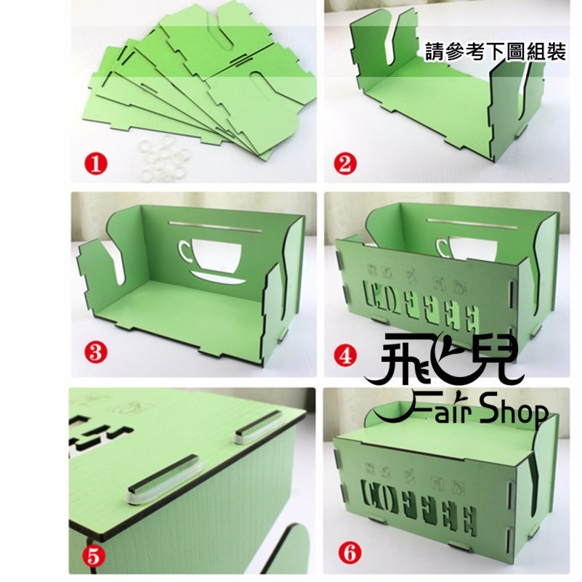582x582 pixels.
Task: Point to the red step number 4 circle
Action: point(345,355)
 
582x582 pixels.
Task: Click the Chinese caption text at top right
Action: point(496,54)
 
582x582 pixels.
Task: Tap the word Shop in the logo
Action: point(521,414)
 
